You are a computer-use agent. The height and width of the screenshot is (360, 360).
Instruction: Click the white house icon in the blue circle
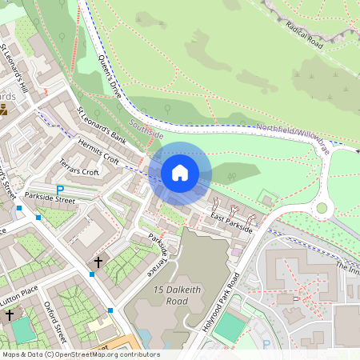coord(180,173)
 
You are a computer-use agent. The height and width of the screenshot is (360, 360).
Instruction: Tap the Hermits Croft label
coord(99,151)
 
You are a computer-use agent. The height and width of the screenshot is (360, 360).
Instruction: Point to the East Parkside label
coord(232,224)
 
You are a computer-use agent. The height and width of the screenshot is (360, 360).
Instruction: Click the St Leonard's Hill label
coord(15,67)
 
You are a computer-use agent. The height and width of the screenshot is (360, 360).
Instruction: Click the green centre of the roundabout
coord(322,207)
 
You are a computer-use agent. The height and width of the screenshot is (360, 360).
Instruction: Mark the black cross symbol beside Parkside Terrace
coord(99,262)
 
